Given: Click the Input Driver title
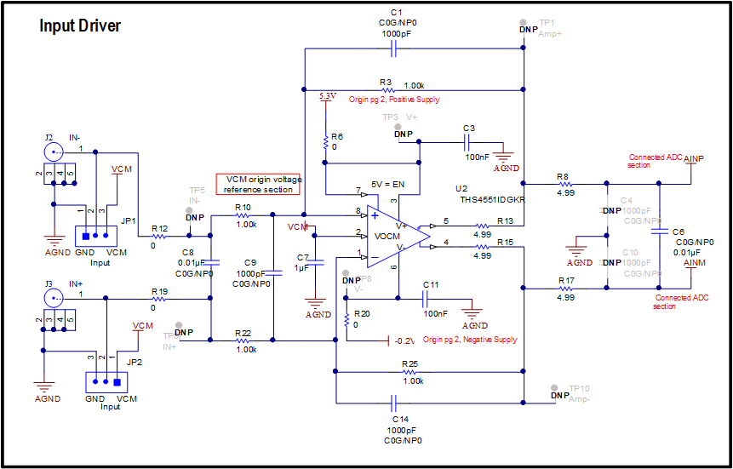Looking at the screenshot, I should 80,26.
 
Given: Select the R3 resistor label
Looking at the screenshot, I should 386,83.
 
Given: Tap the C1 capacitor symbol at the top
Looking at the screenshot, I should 393,49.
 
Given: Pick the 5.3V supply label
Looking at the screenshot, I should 327,95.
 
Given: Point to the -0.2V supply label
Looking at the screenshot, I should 404,340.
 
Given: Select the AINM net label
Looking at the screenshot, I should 695,264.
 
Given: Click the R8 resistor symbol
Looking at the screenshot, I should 564,183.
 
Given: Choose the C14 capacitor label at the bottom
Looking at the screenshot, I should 401,420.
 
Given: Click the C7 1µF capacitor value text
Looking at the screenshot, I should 302,267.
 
